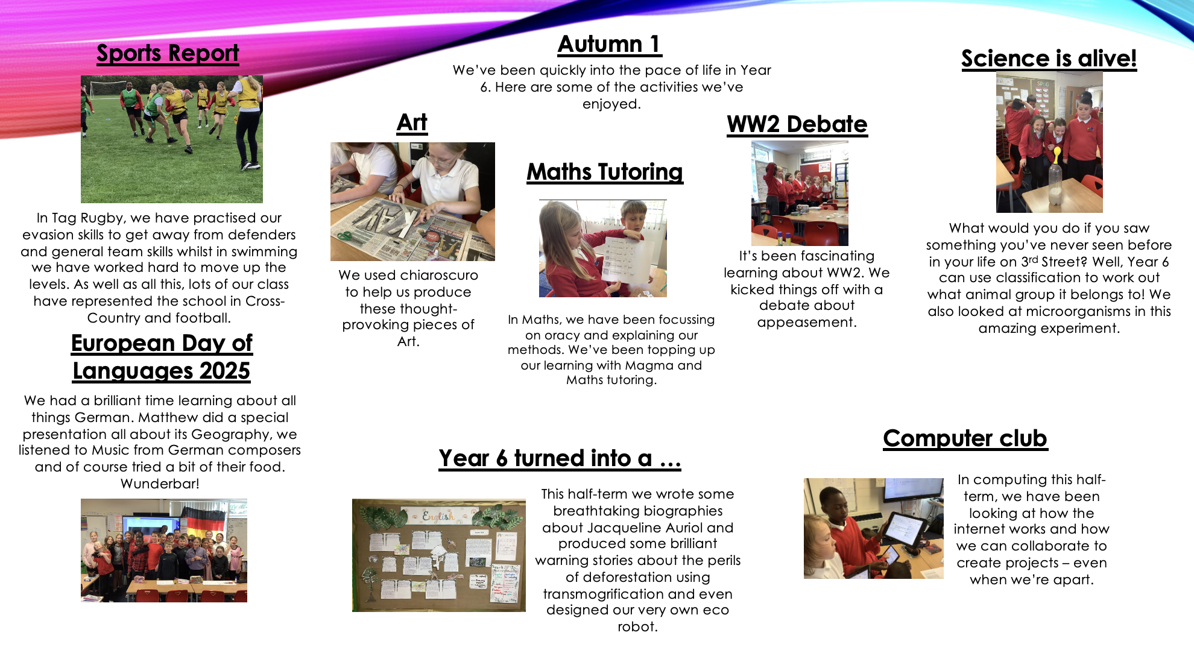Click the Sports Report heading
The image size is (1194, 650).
[168, 53]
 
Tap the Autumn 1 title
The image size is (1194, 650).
[610, 44]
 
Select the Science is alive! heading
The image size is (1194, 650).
[1049, 58]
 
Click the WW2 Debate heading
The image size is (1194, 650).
[797, 124]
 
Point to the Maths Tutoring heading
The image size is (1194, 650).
[605, 172]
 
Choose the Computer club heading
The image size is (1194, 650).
[965, 438]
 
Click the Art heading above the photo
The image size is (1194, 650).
[412, 122]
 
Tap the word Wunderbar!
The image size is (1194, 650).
[160, 484]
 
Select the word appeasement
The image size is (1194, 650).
[807, 323]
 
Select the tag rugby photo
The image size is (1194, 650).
[172, 139]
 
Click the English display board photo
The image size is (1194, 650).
[439, 555]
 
